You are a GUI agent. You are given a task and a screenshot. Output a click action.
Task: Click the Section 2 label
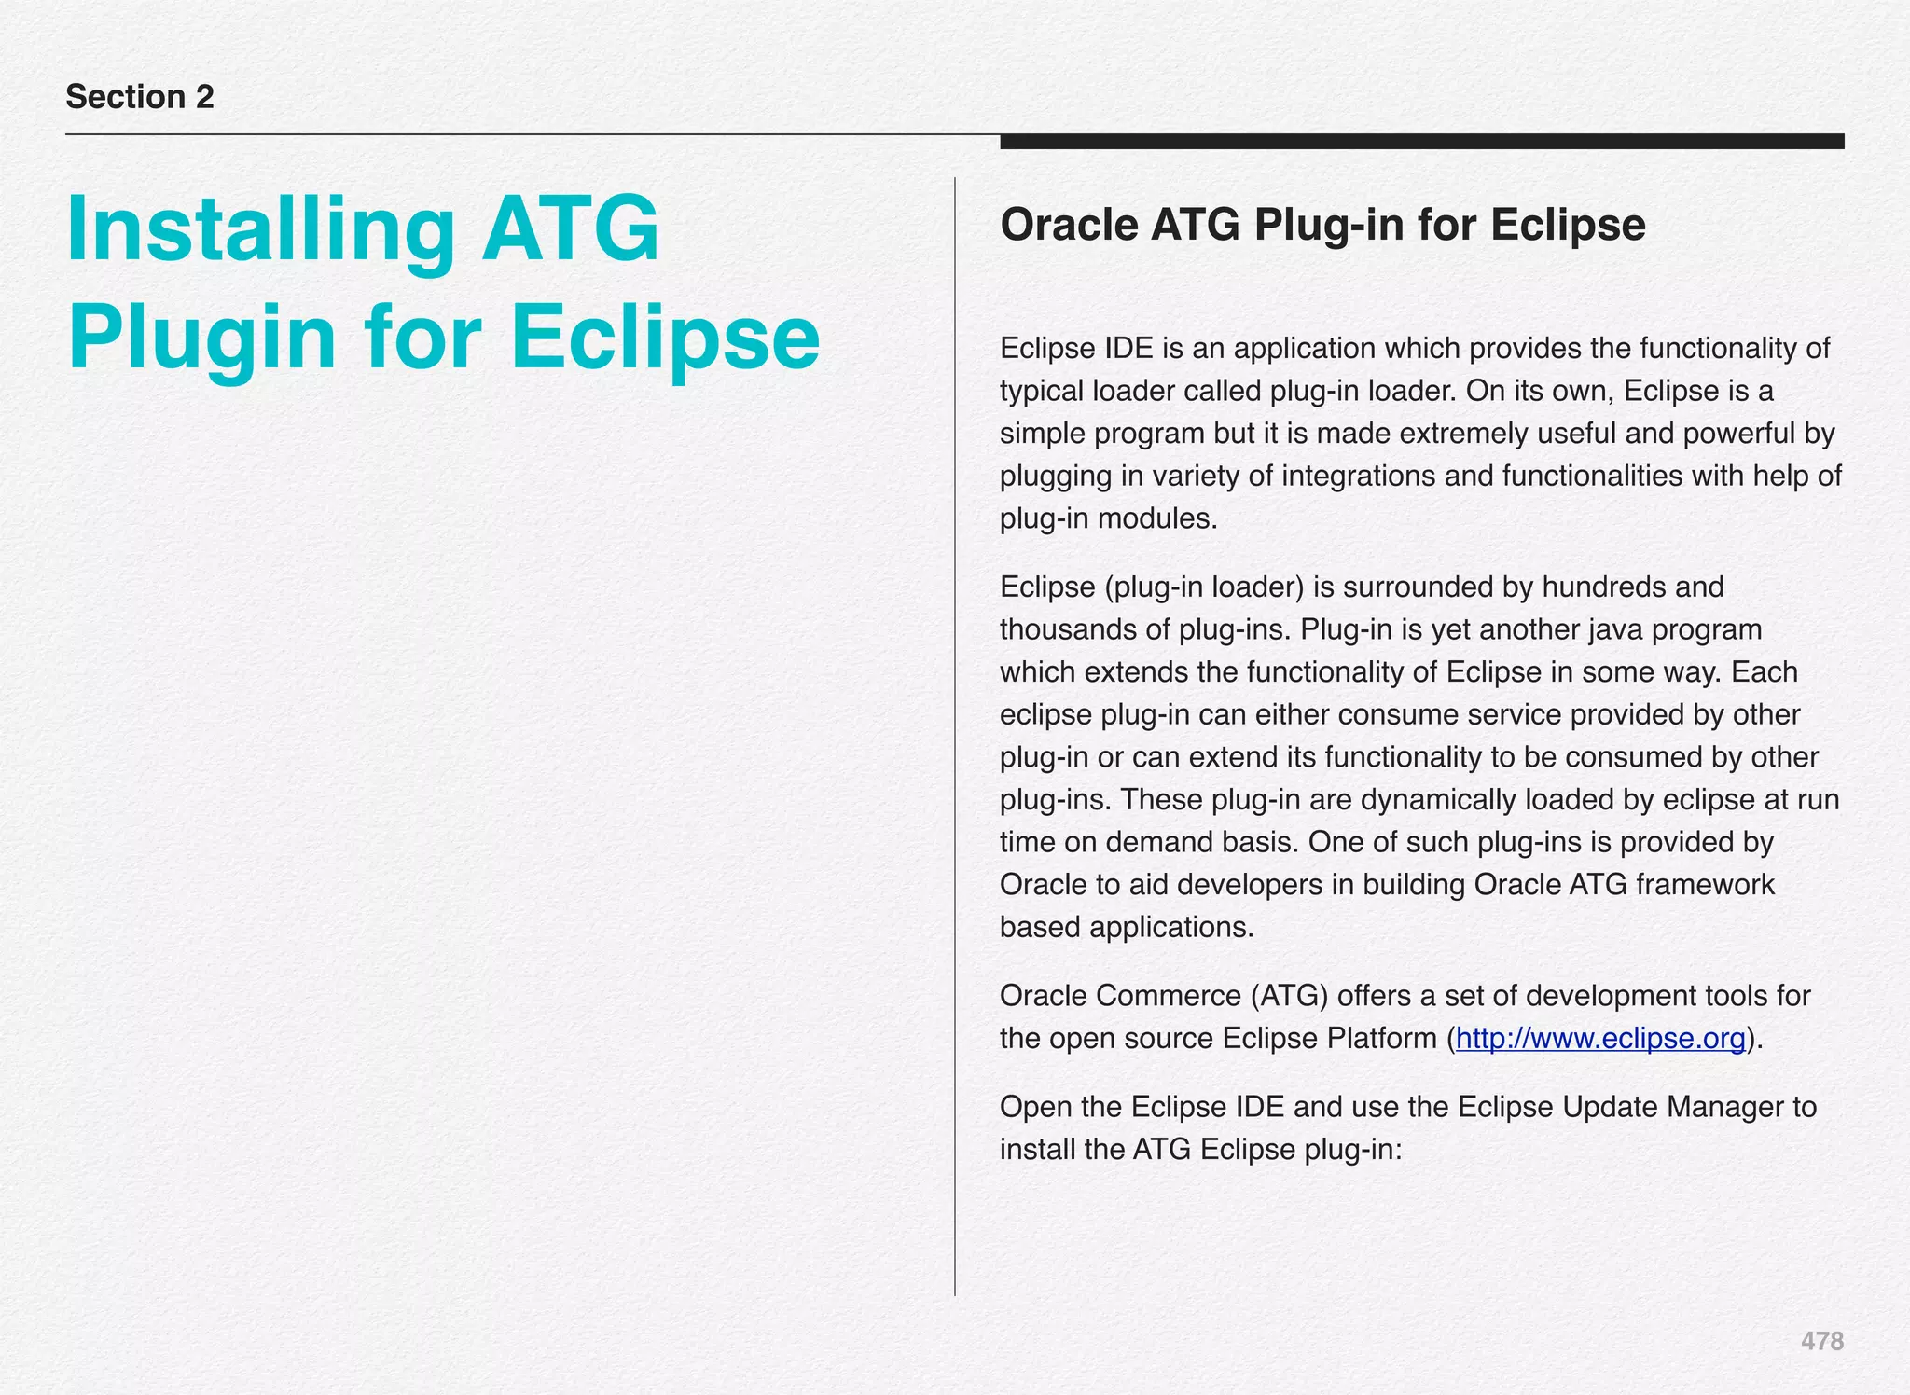point(140,97)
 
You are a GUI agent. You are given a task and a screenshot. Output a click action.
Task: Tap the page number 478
point(1821,1341)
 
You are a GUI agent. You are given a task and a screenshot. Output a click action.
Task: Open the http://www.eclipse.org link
point(1599,1038)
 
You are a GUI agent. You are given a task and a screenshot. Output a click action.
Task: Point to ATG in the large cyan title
point(570,229)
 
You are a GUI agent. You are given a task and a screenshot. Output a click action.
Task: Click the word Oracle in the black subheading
point(1069,225)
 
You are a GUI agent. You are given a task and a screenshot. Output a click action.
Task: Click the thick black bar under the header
point(1421,142)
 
